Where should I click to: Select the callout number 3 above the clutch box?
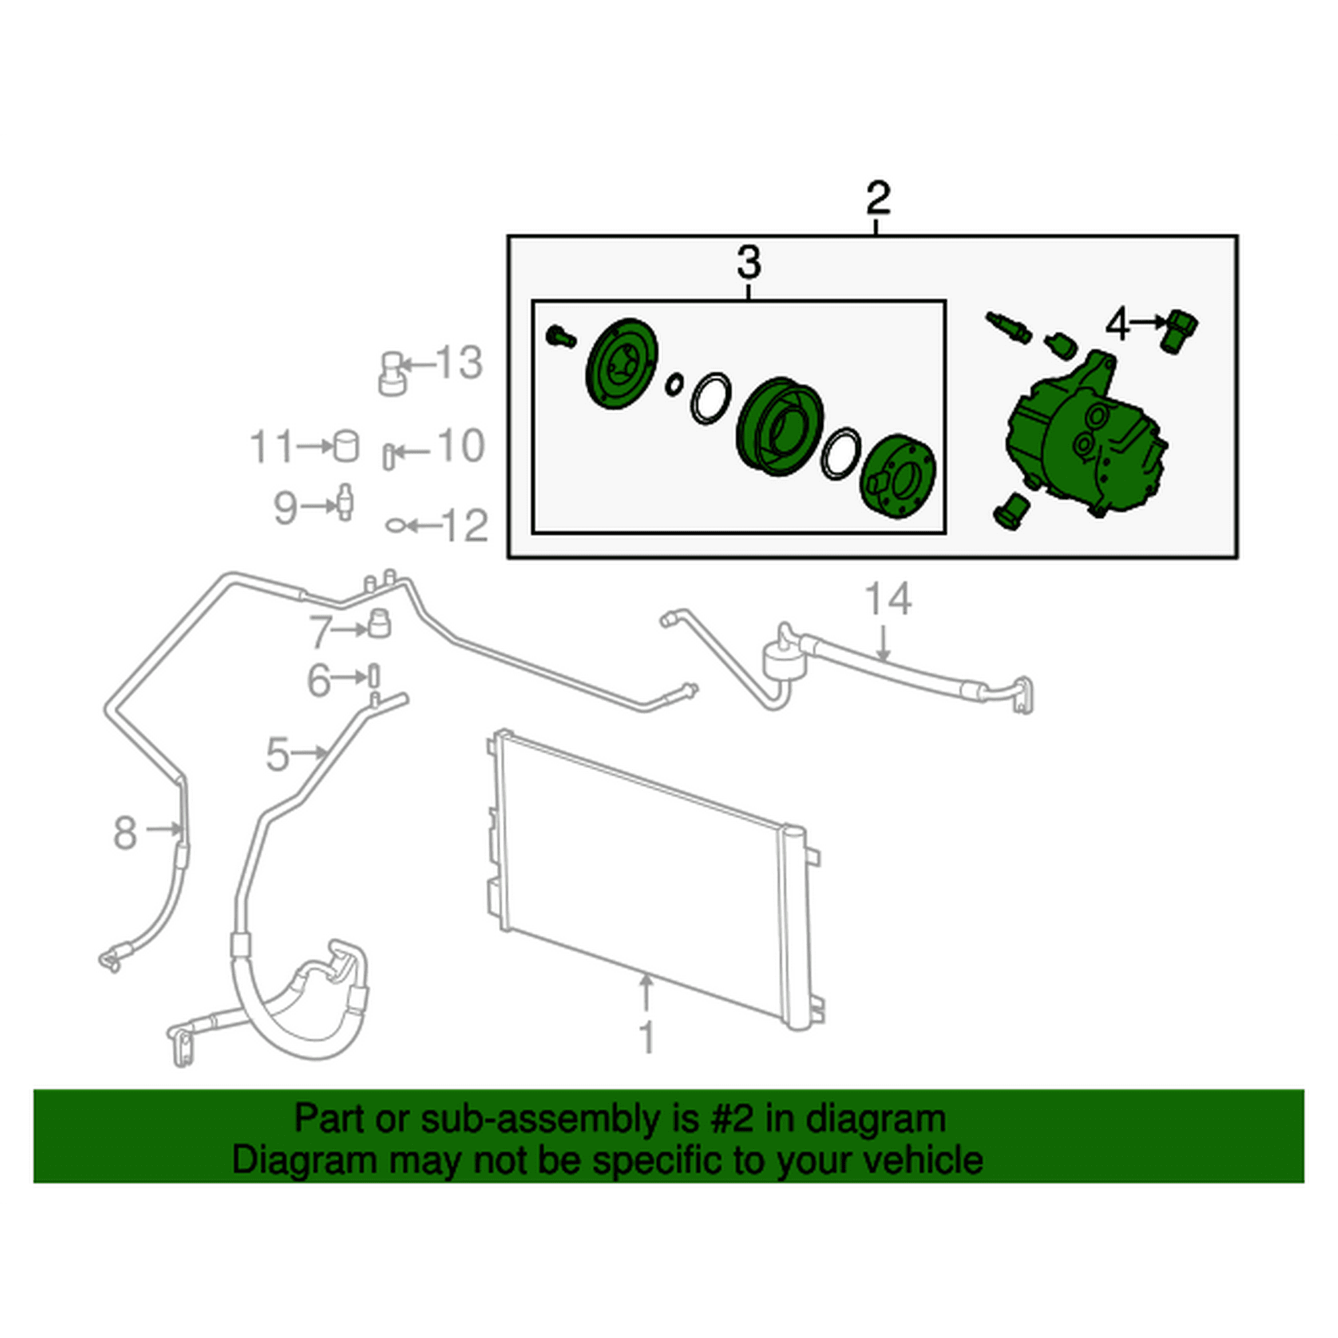point(749,262)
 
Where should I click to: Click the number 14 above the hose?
point(888,599)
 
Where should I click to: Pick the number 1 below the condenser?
point(646,1038)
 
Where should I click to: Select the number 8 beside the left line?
point(124,833)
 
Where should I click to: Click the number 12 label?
point(465,526)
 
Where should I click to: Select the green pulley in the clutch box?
point(779,426)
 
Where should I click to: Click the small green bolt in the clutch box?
point(560,337)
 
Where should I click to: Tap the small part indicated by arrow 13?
point(393,373)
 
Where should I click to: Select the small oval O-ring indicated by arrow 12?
point(394,527)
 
